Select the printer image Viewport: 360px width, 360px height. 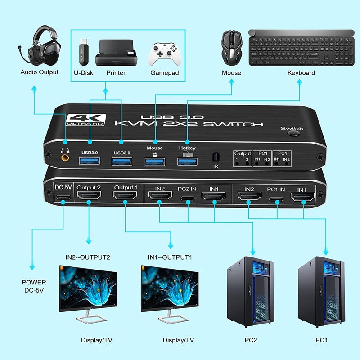[x=116, y=53]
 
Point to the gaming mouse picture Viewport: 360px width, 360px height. [x=231, y=49]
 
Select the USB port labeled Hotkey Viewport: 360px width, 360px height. [x=187, y=161]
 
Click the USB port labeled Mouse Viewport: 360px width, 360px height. [x=155, y=161]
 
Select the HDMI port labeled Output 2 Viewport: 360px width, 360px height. [x=89, y=196]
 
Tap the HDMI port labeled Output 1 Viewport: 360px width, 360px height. [x=125, y=196]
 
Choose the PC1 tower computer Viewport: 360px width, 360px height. [x=321, y=292]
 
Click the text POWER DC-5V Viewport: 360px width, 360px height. [x=34, y=286]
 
